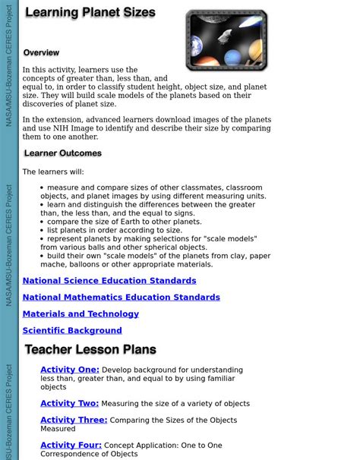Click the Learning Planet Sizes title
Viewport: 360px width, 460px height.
click(90, 13)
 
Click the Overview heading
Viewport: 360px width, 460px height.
click(41, 53)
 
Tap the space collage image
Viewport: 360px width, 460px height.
click(226, 40)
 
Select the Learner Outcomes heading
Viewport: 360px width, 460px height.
click(62, 153)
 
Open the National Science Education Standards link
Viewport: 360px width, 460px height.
click(109, 281)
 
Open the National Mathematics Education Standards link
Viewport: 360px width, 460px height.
click(121, 298)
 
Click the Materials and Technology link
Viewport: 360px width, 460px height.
click(81, 314)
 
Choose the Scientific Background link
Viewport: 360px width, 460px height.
click(72, 331)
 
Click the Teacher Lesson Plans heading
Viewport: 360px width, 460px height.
click(90, 350)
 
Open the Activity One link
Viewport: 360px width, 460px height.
click(69, 370)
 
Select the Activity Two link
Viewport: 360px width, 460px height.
click(69, 404)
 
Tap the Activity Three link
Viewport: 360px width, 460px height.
click(74, 420)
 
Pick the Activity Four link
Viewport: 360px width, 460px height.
click(71, 446)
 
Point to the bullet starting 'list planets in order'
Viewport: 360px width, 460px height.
click(114, 230)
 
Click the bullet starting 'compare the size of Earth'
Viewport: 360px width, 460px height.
click(124, 222)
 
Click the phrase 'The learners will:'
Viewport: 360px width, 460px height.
click(53, 172)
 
